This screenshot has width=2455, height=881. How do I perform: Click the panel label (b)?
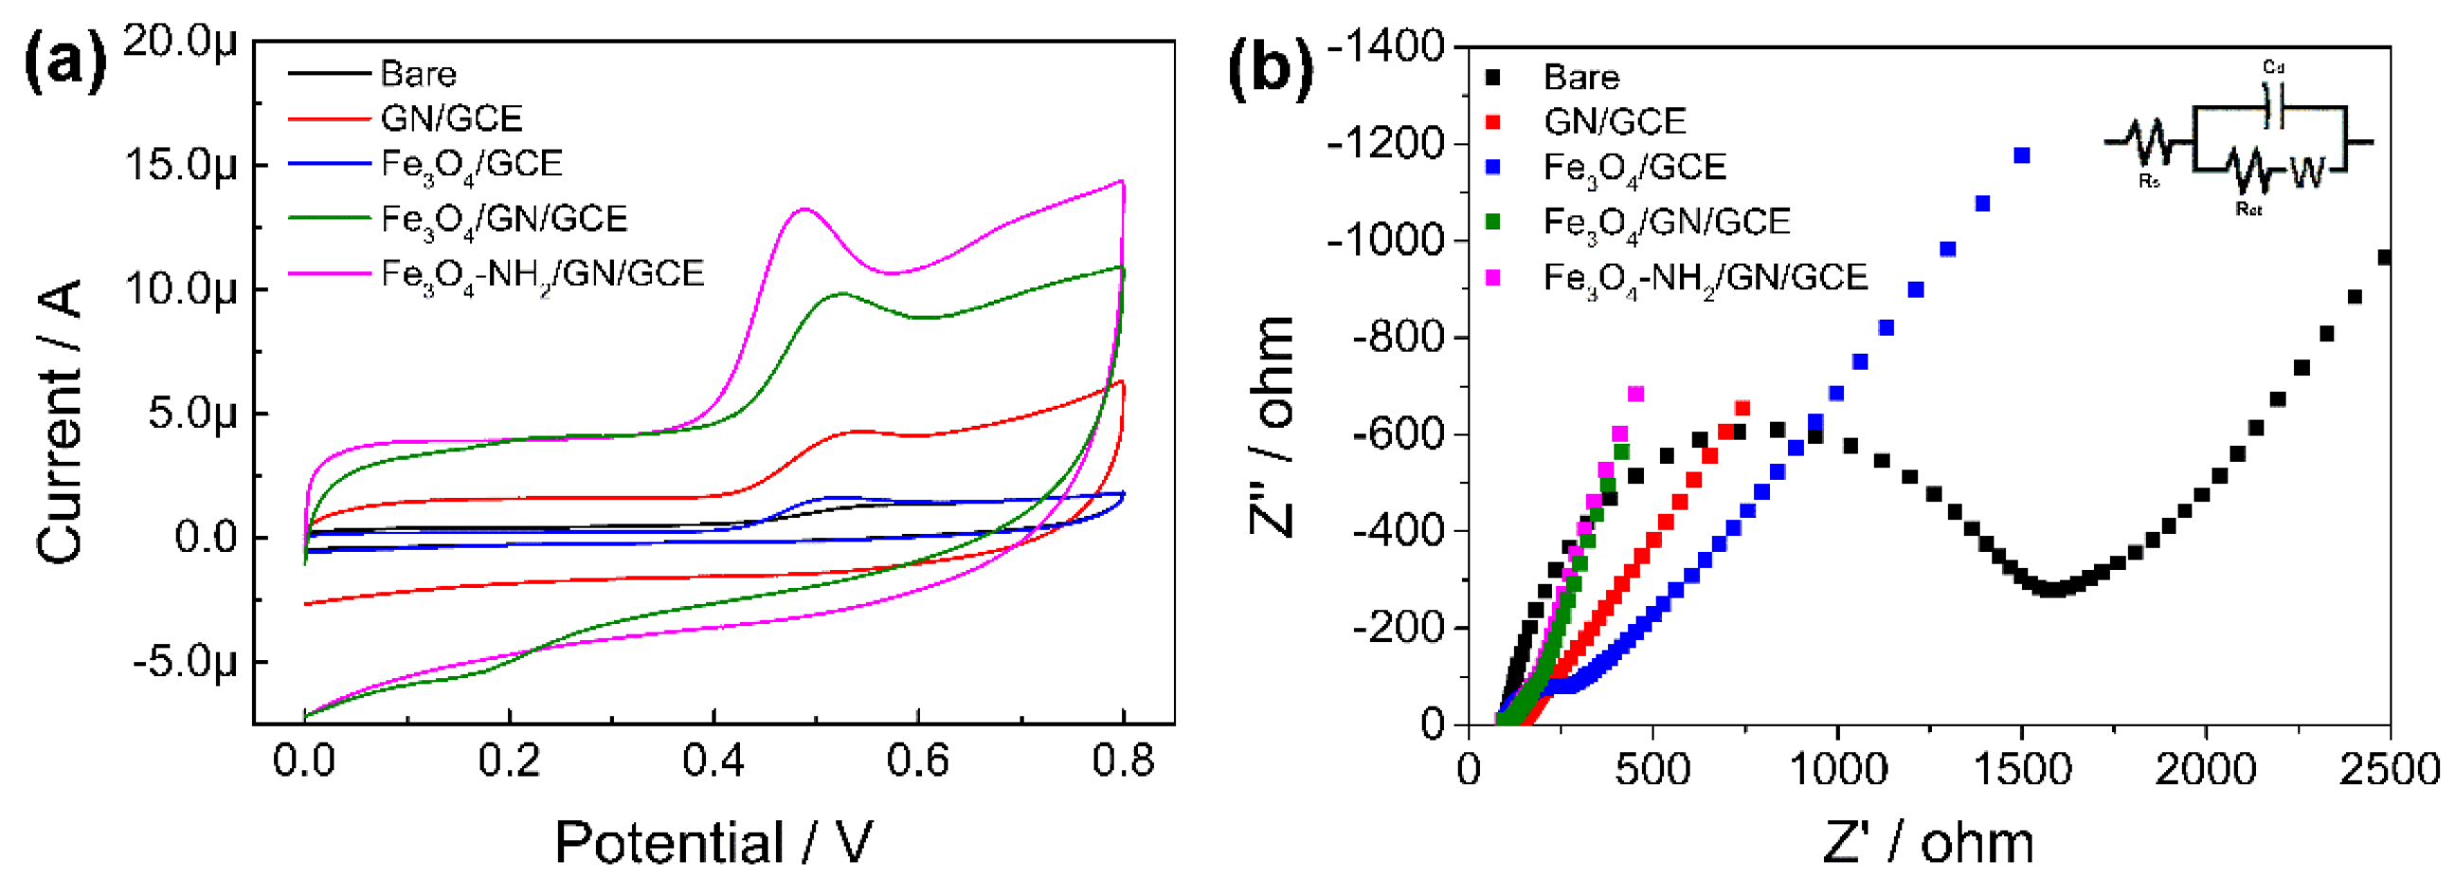1271,68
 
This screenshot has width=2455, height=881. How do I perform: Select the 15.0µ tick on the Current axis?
180,164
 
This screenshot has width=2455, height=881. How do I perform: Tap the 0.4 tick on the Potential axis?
713,762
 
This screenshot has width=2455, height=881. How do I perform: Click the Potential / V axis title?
713,842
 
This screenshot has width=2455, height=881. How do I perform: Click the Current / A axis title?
59,420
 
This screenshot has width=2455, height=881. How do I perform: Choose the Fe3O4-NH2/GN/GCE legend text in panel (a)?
541,275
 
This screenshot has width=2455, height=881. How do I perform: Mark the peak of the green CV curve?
840,293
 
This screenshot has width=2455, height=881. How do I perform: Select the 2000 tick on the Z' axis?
2205,767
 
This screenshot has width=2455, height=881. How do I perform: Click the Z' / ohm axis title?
1927,842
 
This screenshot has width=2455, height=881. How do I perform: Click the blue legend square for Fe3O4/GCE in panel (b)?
1493,167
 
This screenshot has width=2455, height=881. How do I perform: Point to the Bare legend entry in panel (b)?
1581,76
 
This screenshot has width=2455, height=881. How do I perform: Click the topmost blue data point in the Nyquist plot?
2021,156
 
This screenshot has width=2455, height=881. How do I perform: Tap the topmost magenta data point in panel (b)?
1635,394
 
